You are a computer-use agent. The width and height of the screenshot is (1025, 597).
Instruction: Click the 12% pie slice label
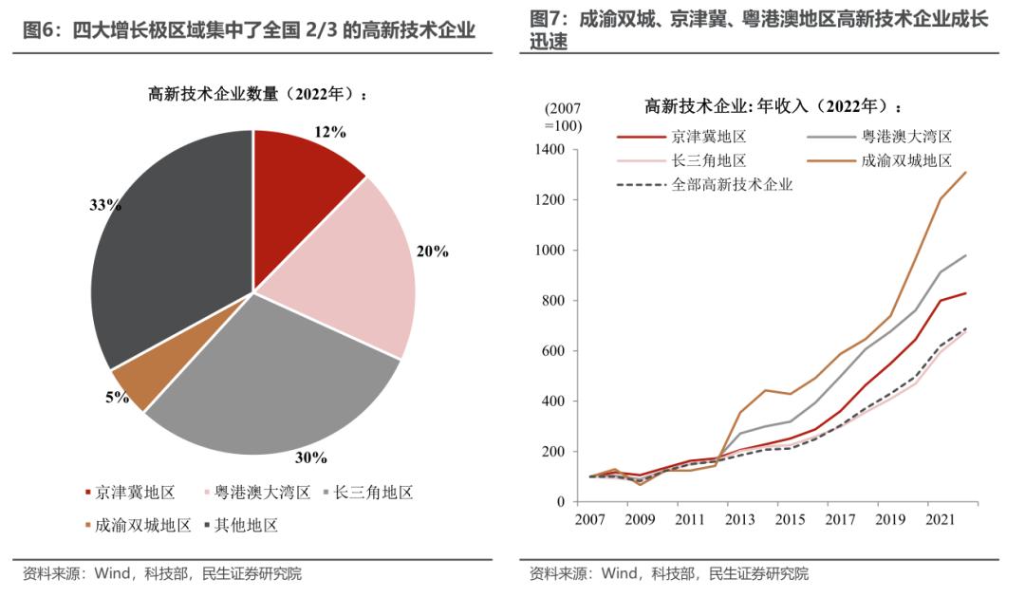point(329,132)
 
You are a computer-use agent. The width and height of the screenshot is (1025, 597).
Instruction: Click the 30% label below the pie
point(311,457)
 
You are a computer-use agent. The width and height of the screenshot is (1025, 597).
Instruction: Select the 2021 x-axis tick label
point(938,519)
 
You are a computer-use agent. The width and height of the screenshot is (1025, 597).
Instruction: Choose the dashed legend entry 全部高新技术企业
point(732,185)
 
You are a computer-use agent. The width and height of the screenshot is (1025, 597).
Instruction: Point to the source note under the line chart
point(669,573)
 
